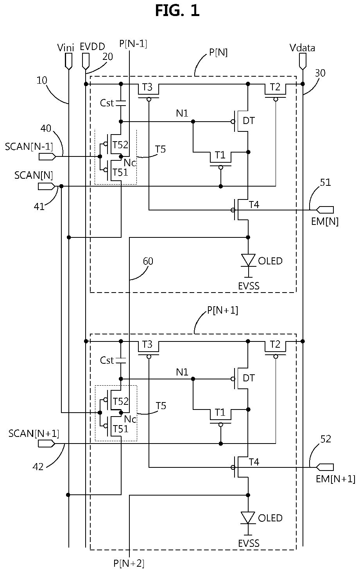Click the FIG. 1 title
tap(177, 11)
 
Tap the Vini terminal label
tap(65, 48)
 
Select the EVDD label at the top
tap(92, 47)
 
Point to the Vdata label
tap(302, 48)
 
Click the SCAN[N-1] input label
tap(29, 147)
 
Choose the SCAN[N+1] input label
tap(34, 433)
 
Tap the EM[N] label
tap(325, 221)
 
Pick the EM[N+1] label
tap(336, 479)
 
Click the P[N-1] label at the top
tap(133, 44)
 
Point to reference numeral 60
tap(148, 261)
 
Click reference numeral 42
tap(38, 467)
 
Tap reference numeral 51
tap(326, 182)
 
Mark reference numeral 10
tap(42, 80)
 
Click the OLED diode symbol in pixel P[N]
tap(248, 260)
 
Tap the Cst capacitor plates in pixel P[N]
tap(121, 103)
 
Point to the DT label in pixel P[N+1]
tap(249, 378)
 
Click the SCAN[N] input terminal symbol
tap(47, 187)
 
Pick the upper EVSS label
tap(249, 286)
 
